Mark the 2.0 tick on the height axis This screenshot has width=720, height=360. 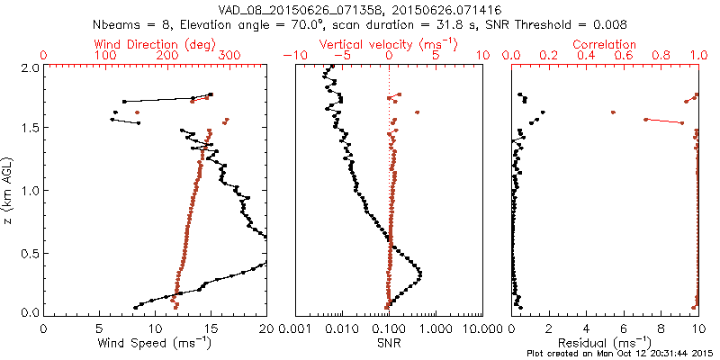(29, 67)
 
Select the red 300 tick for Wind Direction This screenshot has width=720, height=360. (229, 56)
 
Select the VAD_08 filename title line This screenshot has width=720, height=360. (359, 7)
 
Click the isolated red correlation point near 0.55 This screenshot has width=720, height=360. (613, 112)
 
